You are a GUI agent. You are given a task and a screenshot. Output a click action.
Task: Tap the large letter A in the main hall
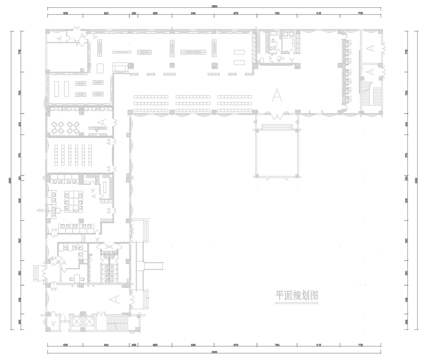point(277,94)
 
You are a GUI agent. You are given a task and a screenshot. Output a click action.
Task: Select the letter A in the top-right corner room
point(371,48)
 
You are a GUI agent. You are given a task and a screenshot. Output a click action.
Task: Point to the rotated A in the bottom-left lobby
point(115,298)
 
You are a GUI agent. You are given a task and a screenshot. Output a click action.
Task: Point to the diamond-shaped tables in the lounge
point(71,126)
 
